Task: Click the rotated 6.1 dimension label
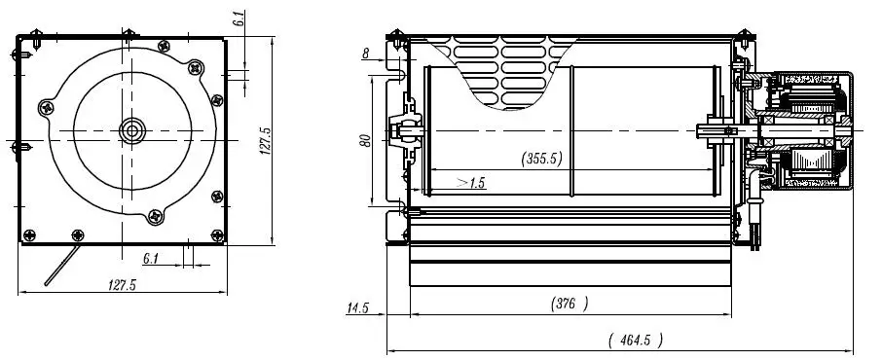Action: tap(240, 18)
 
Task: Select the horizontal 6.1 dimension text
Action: tap(151, 259)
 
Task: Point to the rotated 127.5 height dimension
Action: tap(266, 141)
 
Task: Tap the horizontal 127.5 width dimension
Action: tap(122, 285)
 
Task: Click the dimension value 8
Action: tap(366, 54)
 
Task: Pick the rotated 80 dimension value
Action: tap(366, 141)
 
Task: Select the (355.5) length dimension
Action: tap(541, 159)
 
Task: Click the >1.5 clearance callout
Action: tap(471, 183)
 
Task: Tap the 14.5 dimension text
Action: tap(357, 307)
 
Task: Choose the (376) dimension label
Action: tap(570, 304)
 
